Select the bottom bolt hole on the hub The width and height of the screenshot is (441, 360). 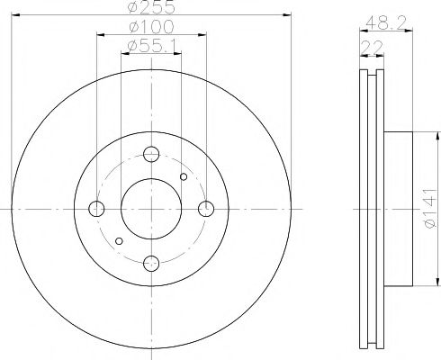coord(152,263)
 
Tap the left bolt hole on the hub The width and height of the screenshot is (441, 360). coord(97,209)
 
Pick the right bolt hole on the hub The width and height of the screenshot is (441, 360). coord(206,209)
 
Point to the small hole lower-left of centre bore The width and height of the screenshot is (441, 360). coord(121,240)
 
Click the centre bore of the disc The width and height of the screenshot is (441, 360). coord(152,209)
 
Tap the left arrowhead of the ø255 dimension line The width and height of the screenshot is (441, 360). coord(16,15)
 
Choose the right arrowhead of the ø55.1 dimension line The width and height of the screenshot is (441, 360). coord(179,53)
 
